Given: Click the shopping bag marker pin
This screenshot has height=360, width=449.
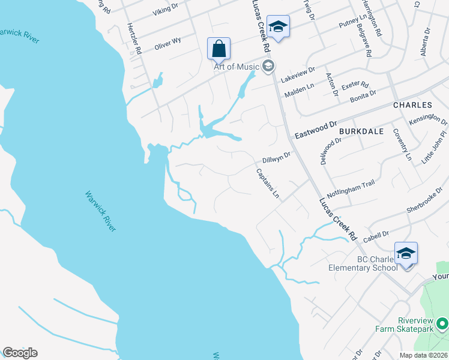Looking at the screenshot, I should tap(218, 49).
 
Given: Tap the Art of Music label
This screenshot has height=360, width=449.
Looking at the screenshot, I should tap(237, 66).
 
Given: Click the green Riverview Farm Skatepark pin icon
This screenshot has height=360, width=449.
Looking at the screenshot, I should tap(443, 325).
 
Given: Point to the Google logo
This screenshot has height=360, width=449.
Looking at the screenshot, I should tap(20, 353).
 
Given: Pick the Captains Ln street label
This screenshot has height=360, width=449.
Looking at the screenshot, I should tap(268, 184).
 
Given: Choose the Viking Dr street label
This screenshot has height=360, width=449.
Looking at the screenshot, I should tap(166, 9).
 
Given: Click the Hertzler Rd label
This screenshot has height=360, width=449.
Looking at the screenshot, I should tap(133, 38).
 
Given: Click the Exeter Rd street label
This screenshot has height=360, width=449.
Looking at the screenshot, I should tap(355, 86).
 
